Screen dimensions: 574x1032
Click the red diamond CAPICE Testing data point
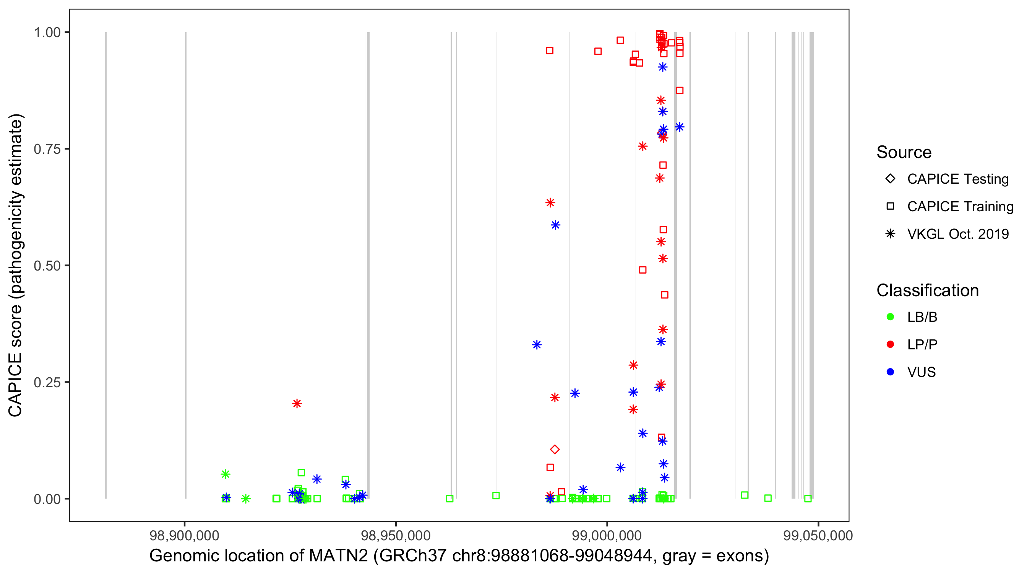(555, 449)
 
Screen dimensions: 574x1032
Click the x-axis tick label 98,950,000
(396, 535)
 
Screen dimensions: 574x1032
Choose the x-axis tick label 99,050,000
(818, 535)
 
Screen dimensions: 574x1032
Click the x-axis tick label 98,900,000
(184, 535)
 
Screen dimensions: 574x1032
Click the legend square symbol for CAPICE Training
(890, 207)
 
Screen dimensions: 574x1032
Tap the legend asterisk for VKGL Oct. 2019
(890, 234)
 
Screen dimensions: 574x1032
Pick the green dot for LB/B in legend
(890, 317)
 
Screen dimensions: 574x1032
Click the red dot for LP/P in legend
(890, 344)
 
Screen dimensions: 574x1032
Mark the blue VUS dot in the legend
(890, 372)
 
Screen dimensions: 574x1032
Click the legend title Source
(904, 152)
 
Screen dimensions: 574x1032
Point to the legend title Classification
(927, 290)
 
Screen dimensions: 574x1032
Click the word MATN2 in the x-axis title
(338, 556)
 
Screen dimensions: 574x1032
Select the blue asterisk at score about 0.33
(537, 344)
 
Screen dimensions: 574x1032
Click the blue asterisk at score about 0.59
(555, 225)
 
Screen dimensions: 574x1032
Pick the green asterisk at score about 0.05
(226, 474)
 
